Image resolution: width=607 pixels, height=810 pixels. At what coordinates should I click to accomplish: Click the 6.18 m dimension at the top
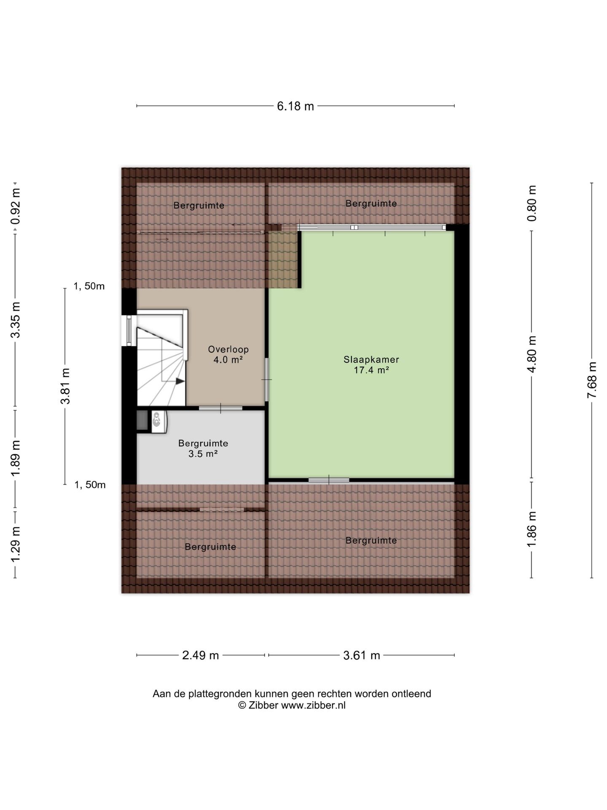point(295,106)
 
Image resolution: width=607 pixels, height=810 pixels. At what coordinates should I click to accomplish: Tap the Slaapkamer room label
point(371,360)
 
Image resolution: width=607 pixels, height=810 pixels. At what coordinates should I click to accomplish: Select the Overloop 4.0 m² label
point(228,354)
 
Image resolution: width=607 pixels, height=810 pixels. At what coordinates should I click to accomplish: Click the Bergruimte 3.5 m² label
point(203,448)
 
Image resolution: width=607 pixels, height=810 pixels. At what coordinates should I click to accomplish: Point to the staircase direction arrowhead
point(180,381)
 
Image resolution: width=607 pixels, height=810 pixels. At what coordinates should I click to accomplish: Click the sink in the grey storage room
point(159,421)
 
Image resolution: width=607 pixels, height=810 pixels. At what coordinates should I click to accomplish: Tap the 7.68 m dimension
point(592,380)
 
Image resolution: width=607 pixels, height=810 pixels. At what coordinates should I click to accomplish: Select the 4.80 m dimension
point(532,354)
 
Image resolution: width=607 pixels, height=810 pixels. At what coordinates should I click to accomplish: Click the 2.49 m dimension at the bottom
point(200,655)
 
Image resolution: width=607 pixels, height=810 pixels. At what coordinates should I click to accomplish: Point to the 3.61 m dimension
point(362,655)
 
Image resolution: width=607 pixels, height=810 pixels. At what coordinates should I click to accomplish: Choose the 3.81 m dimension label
point(65,386)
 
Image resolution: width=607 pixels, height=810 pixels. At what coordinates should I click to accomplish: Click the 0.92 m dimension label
point(16,206)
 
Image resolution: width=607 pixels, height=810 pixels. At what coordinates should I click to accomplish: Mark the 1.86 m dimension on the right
point(532,529)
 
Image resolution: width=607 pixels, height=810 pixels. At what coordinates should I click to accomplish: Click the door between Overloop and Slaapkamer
point(266,380)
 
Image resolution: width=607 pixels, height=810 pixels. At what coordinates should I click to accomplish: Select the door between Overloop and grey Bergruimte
point(220,408)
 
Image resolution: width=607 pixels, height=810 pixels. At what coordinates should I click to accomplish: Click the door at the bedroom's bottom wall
point(329,480)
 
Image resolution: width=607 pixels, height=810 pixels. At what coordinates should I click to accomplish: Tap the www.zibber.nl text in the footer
point(313,705)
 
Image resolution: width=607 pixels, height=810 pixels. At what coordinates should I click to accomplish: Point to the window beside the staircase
point(129,330)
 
